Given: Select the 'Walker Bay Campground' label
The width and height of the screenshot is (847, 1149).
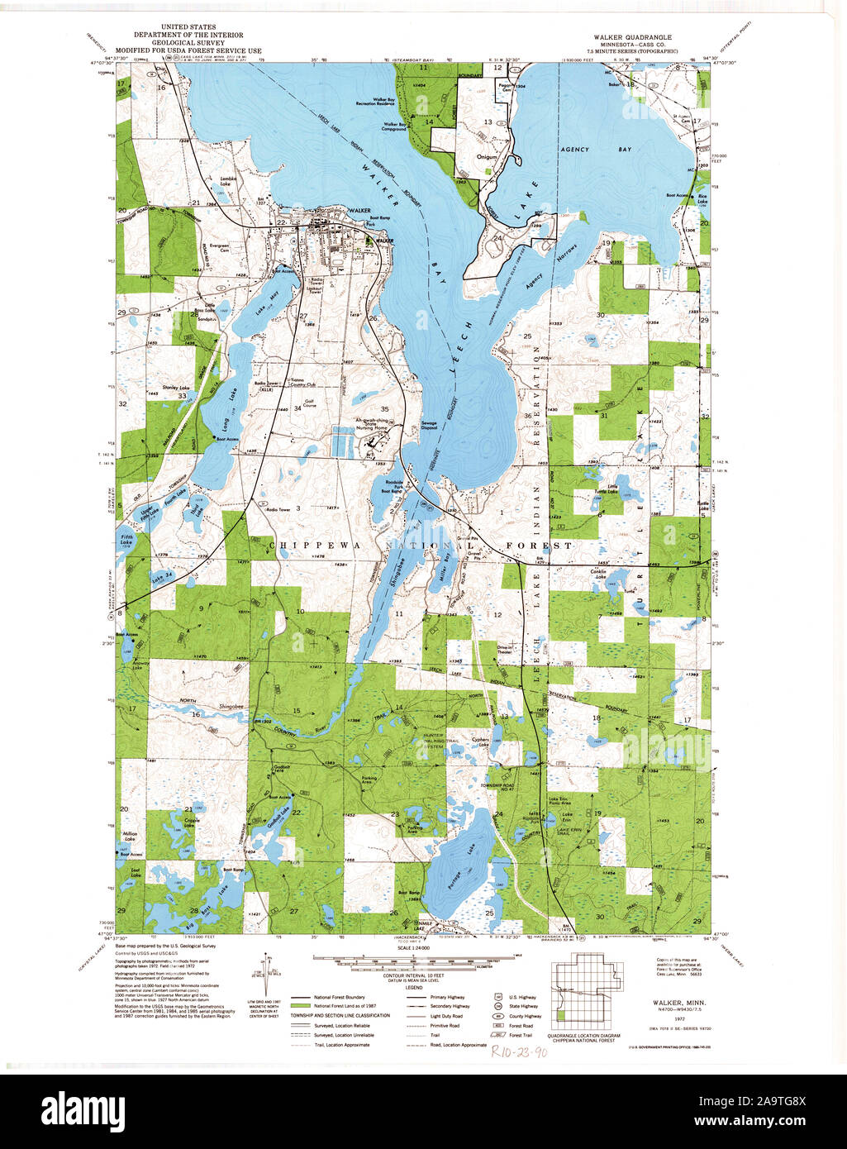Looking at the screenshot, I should (x=393, y=127).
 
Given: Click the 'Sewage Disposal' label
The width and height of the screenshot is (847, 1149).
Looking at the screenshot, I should (x=429, y=426).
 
